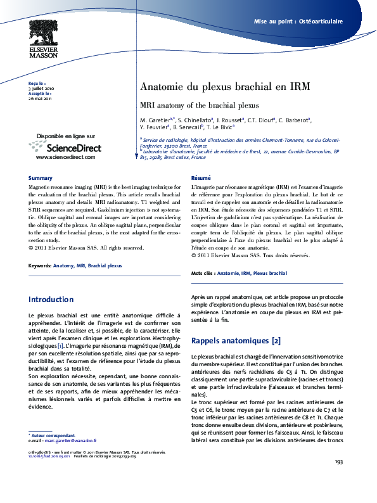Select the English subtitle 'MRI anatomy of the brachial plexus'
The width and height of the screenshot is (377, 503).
pos(199,105)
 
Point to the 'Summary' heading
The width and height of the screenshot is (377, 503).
pos(41,178)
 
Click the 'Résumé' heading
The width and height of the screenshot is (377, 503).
pos(200,178)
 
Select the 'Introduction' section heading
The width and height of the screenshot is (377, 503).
pos(51,300)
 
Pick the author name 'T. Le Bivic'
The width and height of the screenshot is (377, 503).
pos(217,127)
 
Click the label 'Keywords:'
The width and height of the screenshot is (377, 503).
pos(40,266)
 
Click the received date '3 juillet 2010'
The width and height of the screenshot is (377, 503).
pos(41,88)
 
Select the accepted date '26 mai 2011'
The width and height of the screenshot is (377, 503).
pos(40,98)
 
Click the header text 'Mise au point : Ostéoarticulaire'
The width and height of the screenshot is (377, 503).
pos(298,21)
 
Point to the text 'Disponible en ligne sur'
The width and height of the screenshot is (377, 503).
pos(66,136)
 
